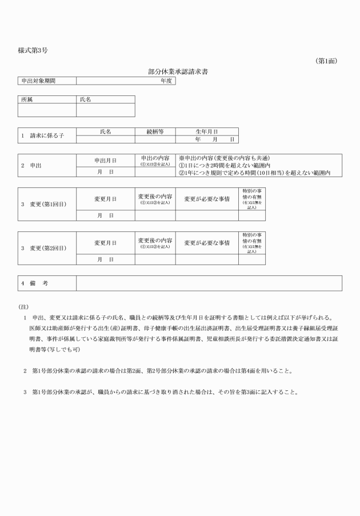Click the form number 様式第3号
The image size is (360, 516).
(33, 51)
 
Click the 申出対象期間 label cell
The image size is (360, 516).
(47, 81)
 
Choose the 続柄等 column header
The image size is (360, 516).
(155, 131)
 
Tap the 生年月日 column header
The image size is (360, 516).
(206, 131)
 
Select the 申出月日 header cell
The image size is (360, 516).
(105, 160)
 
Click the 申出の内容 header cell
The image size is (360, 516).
(155, 160)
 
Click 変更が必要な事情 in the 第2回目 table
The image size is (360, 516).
(206, 243)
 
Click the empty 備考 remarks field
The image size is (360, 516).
(209, 283)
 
